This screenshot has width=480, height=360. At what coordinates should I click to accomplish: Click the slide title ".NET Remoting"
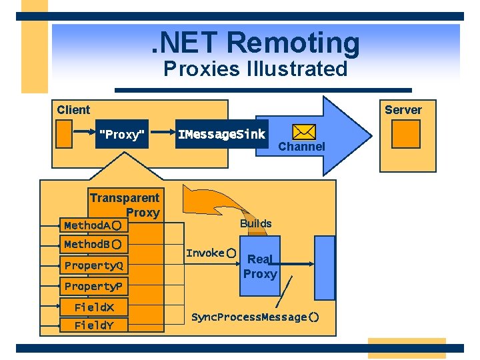[x=255, y=43]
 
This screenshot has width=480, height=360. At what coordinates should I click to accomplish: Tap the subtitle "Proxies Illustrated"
[x=255, y=69]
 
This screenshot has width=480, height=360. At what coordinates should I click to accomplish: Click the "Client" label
[x=73, y=110]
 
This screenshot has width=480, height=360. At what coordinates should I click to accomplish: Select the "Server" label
[x=403, y=110]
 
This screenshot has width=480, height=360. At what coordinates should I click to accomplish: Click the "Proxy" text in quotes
[x=121, y=135]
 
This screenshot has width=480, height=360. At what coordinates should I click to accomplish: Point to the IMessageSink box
[x=221, y=135]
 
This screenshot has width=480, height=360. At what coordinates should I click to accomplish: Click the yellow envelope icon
[x=304, y=132]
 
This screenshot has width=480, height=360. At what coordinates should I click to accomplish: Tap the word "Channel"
[x=301, y=147]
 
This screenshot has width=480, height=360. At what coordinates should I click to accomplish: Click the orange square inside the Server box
[x=405, y=133]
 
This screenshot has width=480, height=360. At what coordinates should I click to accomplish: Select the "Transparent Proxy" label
[x=125, y=205]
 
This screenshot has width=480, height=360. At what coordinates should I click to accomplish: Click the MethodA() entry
[x=92, y=225]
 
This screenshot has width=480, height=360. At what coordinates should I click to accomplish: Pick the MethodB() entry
[x=92, y=245]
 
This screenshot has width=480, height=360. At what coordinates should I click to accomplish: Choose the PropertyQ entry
[x=93, y=265]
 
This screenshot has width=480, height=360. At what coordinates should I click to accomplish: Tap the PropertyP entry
[x=93, y=287]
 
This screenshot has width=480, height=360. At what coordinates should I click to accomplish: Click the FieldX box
[x=94, y=307]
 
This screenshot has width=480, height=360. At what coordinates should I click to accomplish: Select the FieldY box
[x=94, y=325]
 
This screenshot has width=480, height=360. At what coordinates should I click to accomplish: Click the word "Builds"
[x=256, y=223]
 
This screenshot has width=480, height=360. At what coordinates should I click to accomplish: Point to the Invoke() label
[x=211, y=253]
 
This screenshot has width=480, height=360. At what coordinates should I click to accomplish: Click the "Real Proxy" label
[x=259, y=267]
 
